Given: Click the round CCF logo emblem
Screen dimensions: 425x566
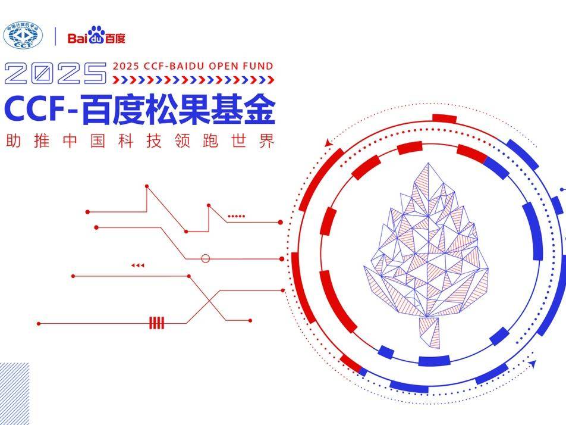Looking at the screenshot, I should pyautogui.click(x=23, y=36).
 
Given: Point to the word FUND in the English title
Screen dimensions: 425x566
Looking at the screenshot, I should pyautogui.click(x=260, y=66).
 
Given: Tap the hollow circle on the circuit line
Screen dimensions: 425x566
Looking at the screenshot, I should pyautogui.click(x=206, y=258).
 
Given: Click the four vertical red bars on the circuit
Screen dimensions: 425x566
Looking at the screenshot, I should pyautogui.click(x=157, y=323).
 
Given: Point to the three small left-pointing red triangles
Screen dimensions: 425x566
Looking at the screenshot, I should pyautogui.click(x=138, y=265).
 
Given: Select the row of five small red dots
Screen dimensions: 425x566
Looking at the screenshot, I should pyautogui.click(x=236, y=216).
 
